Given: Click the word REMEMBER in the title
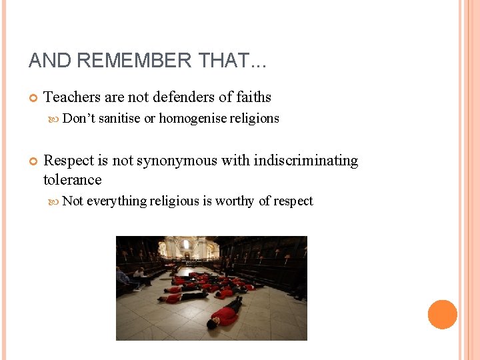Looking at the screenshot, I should click(135, 61).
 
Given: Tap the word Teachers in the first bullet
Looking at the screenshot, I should click(73, 97).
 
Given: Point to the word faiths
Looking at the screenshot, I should click(253, 97).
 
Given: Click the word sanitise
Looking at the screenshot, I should click(119, 119).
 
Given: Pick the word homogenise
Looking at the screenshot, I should click(193, 119).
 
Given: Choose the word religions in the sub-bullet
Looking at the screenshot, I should click(255, 119).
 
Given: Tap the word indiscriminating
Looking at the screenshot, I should click(307, 161).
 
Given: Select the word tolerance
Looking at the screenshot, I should click(72, 180).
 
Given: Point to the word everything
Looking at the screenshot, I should click(117, 201).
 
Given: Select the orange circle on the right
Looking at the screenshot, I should click(442, 314).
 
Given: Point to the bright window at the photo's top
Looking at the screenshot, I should click(186, 245).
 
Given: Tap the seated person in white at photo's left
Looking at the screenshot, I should click(141, 275).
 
